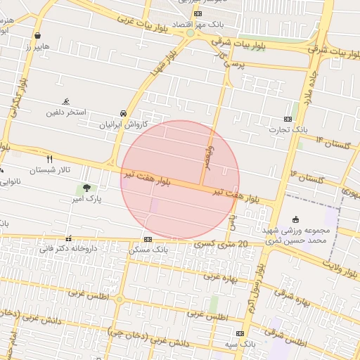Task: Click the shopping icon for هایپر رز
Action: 37,34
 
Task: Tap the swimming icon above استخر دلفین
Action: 66,101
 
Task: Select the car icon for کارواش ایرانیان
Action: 124,113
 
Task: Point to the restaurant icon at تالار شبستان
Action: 49,159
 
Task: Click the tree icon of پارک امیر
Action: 86,188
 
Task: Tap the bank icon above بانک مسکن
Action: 146,239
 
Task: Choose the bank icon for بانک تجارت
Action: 288,119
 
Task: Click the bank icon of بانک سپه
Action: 240,333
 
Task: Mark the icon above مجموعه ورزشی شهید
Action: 295,219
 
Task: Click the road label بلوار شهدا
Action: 164,64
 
